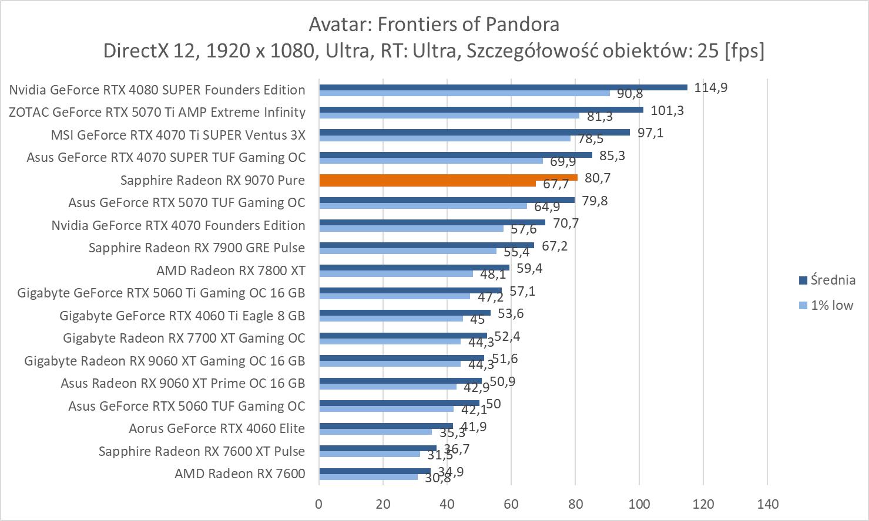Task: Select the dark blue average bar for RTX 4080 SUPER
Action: point(503,87)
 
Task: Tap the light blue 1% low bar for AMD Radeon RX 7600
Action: point(368,477)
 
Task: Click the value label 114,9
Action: point(711,87)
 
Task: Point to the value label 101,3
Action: point(667,110)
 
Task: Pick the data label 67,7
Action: point(555,184)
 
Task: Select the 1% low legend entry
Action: point(831,305)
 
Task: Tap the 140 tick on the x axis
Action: point(767,504)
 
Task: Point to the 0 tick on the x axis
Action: point(319,504)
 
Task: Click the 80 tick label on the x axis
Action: point(575,504)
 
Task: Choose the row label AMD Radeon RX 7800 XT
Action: point(230,270)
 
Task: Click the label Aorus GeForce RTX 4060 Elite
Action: point(217,428)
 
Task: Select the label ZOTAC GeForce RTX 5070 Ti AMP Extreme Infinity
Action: point(157,112)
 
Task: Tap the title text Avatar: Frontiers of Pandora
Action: point(434,24)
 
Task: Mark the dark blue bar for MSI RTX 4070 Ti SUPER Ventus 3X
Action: point(474,133)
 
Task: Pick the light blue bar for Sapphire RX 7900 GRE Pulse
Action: point(408,251)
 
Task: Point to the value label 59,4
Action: point(529,268)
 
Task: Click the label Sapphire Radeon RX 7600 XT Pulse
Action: point(202,451)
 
